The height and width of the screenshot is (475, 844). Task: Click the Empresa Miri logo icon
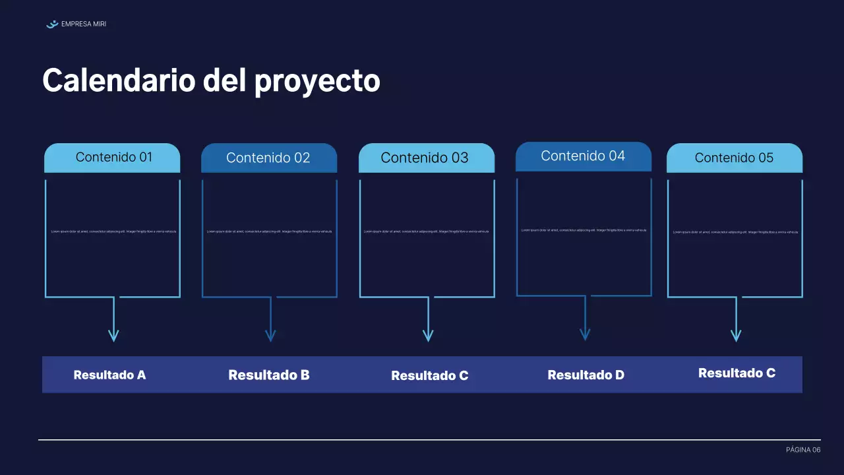coord(52,24)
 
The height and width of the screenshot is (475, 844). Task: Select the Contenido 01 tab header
coord(113,158)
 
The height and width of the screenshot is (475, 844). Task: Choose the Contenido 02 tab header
coord(268,158)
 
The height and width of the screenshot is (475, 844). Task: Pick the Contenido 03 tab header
coord(425,158)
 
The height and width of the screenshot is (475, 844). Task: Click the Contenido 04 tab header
coord(583,156)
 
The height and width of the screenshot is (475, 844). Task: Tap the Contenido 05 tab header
coord(734,158)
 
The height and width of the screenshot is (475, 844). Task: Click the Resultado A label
coord(109,375)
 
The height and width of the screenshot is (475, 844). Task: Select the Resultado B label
coord(269,375)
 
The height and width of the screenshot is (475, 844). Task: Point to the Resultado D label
coord(586,375)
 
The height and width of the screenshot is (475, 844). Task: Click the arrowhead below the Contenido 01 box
coord(113,336)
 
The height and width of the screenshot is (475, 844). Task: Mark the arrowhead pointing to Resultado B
coord(270,336)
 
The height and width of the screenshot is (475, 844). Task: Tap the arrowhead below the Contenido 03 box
coord(428,336)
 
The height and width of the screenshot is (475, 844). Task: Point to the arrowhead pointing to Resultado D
coord(585,334)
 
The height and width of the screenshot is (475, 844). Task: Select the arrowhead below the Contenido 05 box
coord(736,336)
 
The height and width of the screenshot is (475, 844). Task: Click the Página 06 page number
coord(803,450)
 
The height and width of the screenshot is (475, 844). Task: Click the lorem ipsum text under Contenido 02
coord(269,232)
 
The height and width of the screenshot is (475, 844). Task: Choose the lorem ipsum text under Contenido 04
coord(584,230)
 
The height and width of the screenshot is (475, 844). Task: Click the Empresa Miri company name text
coord(83,24)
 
